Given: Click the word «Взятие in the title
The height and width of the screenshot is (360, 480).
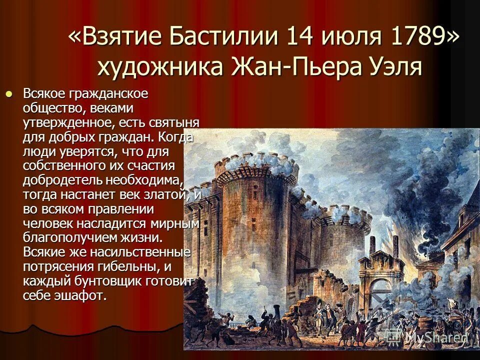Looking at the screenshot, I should click(115, 38).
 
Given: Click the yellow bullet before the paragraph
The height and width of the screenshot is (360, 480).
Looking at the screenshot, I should click(8, 93).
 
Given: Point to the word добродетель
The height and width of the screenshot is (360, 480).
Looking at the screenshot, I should click(61, 179).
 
